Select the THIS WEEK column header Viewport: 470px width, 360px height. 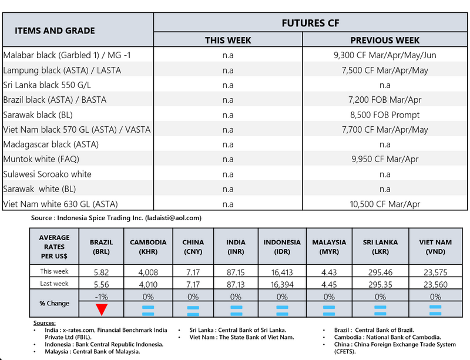coord(228,41)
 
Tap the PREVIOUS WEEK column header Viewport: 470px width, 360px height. coord(385,41)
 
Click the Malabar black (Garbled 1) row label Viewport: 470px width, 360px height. coord(70,55)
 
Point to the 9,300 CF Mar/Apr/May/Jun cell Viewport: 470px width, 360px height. coord(385,55)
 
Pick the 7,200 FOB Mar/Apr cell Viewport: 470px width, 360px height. coord(385,100)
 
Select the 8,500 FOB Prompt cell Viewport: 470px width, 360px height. coord(385,115)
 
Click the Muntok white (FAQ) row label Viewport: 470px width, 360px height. coord(41,159)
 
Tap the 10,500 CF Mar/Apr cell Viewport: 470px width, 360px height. coord(385,204)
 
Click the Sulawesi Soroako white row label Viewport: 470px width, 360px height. coord(48,174)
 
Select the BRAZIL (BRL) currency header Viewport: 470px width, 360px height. coord(102,246)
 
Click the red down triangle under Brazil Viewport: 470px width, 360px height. coord(102,310)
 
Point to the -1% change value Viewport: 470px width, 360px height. coord(102,297)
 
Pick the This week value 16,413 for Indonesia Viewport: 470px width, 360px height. coord(282,272)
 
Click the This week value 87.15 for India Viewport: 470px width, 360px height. coord(236,272)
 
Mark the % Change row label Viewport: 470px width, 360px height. coord(54,304)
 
